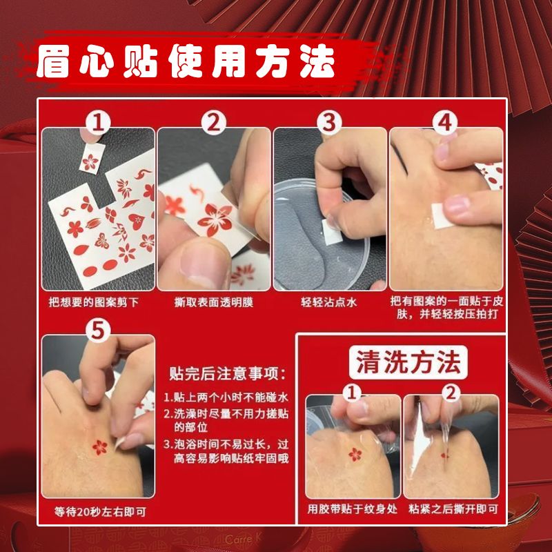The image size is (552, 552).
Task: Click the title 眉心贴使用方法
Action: click(x=186, y=61)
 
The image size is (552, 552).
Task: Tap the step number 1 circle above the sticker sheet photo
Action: click(x=98, y=124)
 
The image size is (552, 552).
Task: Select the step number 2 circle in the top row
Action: click(x=214, y=124)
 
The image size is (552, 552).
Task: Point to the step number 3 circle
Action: click(x=329, y=124)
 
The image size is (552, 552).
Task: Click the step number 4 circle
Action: click(x=445, y=124)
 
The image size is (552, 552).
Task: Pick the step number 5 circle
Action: click(x=98, y=331)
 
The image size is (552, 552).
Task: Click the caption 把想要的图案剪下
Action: click(x=94, y=302)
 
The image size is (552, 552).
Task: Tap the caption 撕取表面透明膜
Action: click(x=214, y=302)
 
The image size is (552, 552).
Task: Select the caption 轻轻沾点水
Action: click(x=329, y=302)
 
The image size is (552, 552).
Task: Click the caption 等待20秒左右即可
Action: click(x=100, y=511)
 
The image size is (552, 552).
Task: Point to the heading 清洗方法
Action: click(x=408, y=362)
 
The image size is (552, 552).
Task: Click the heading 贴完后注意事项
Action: click(x=227, y=373)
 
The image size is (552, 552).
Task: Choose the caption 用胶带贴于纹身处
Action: click(x=353, y=509)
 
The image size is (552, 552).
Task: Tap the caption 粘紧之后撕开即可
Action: click(x=453, y=509)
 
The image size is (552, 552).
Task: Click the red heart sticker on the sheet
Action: click(x=136, y=221)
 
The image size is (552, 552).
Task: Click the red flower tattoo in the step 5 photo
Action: click(x=99, y=447)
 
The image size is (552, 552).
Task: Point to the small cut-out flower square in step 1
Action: click(x=92, y=158)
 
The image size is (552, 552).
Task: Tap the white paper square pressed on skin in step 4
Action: click(x=442, y=215)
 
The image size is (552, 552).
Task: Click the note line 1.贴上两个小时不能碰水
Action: click(x=226, y=397)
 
